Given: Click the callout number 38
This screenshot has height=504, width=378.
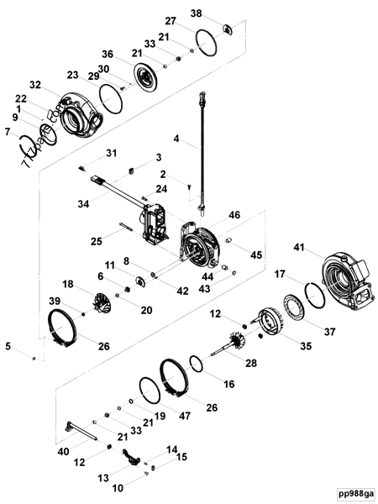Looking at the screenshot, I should click(196, 13).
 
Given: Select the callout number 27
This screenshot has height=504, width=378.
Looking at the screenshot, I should click(170, 21).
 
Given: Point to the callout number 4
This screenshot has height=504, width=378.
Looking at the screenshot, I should click(176, 138).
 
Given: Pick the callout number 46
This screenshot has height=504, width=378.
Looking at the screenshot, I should click(234, 216).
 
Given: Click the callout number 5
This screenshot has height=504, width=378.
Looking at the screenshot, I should click(8, 345).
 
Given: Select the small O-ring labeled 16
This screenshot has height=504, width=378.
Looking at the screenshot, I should click(194, 364).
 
